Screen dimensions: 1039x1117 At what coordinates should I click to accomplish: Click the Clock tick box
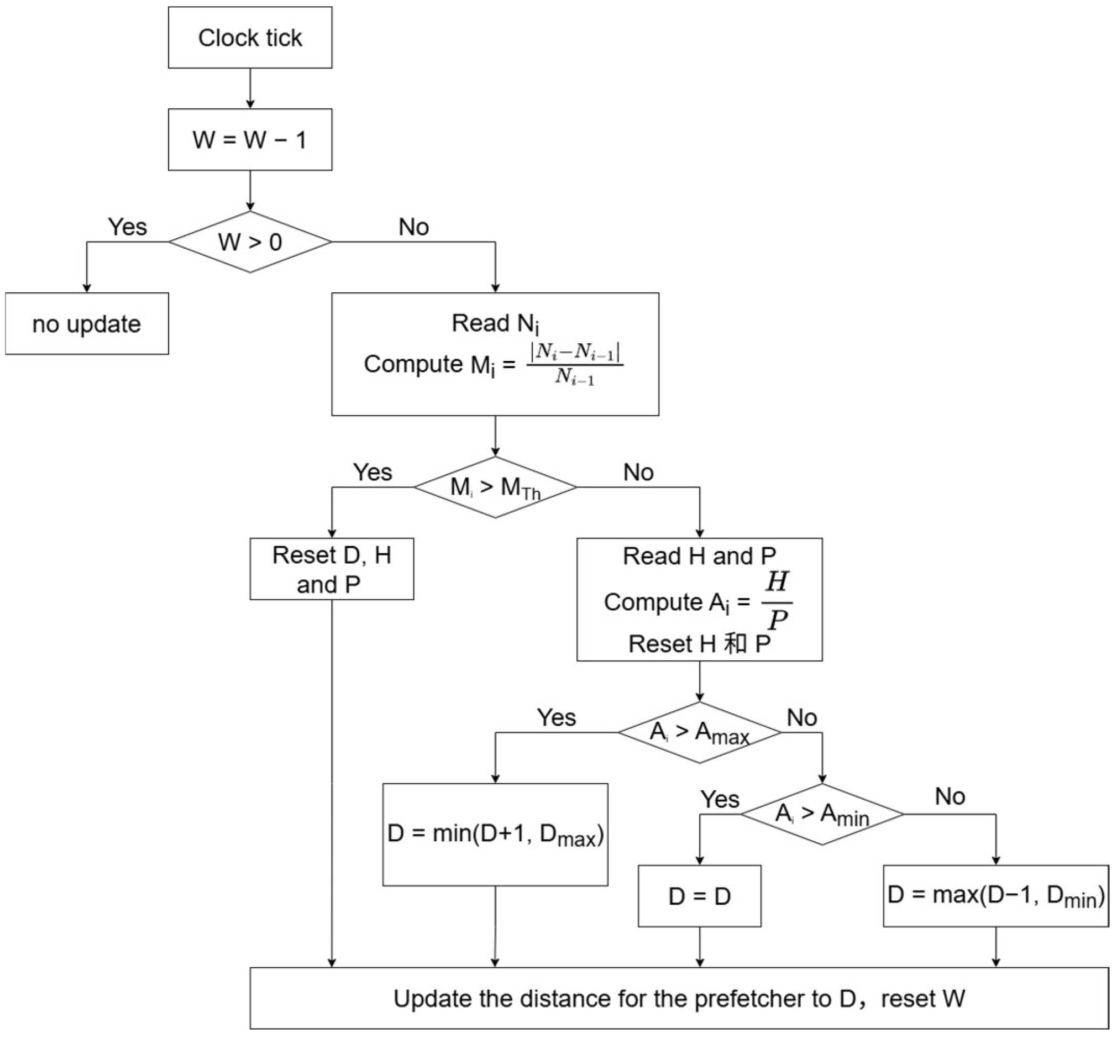250,38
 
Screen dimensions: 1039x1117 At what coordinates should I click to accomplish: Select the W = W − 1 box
250,139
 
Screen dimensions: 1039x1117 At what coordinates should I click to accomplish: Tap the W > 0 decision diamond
250,242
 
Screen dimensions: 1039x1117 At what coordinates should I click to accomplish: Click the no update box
87,324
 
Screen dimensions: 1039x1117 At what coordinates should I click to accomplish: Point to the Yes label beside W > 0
128,227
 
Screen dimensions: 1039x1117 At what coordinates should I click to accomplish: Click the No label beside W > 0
413,227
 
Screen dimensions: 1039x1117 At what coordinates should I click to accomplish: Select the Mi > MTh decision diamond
495,487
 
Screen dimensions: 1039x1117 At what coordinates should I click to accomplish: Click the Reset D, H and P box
332,569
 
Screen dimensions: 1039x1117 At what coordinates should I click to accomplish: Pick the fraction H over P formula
777,601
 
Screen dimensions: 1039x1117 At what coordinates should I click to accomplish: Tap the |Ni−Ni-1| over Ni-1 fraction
574,364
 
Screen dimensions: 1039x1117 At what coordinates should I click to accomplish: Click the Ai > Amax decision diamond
700,732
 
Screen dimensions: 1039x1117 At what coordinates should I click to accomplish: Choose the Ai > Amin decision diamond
822,814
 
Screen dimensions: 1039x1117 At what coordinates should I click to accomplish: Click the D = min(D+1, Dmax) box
495,835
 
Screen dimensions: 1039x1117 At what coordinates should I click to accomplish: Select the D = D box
700,896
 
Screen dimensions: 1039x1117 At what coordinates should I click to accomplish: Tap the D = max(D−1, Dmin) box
995,896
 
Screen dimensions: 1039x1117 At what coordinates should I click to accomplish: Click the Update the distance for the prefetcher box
679,998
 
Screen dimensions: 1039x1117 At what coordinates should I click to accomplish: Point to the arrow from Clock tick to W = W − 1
250,88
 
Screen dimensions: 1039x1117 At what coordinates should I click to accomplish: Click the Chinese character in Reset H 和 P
735,643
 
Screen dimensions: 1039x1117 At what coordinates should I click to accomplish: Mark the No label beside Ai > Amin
950,796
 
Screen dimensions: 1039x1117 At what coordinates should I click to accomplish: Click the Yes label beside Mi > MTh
373,472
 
